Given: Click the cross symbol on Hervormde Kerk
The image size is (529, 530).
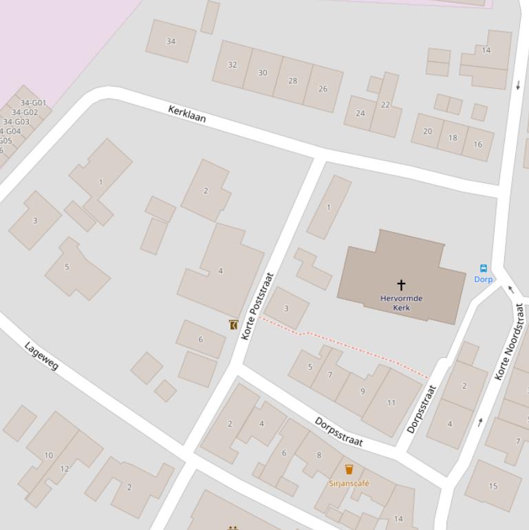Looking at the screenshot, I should click(401, 284).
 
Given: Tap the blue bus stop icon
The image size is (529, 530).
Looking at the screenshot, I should click(483, 268).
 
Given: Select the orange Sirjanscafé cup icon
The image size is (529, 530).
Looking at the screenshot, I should click(349, 469).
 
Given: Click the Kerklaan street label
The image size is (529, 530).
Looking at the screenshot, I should click(187, 114).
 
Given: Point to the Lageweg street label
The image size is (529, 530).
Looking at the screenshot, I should click(41, 355).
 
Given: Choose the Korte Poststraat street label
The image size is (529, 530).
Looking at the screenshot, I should click(258, 306).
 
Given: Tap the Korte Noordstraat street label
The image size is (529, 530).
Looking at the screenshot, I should click(510, 342).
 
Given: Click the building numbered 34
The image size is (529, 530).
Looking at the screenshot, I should click(171, 41).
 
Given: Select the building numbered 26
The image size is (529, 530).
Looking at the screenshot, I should click(323, 89).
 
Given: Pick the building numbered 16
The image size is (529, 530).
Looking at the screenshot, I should click(477, 144).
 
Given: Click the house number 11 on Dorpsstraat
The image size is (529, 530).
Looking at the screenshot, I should click(391, 403).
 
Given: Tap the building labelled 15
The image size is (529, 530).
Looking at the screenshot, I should click(493, 486).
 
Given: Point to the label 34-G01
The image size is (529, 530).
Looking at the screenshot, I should click(33, 103).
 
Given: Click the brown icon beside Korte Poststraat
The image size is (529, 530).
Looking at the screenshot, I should click(234, 324).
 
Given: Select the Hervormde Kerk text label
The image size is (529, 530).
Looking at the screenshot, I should click(401, 303).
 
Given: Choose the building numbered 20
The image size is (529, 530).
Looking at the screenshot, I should click(427, 131).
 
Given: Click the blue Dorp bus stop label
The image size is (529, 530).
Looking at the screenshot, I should click(484, 279).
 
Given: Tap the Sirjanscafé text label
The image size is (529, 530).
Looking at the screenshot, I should click(349, 483).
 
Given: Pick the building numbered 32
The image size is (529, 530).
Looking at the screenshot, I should click(232, 65).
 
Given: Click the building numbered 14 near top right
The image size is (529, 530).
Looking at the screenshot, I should click(486, 50).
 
